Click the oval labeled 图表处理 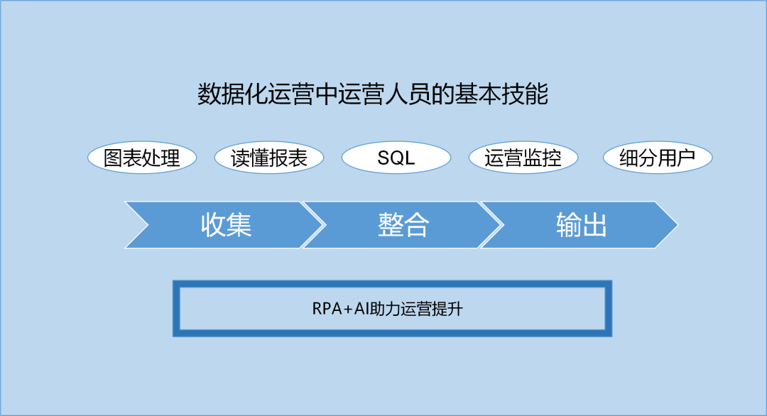pos(142,158)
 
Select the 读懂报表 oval pos(269,158)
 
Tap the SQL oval pos(396,158)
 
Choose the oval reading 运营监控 pos(523,158)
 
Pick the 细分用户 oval pos(657,158)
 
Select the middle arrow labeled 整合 pos(403,225)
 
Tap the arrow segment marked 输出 pos(581,225)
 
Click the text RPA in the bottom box pos(327,310)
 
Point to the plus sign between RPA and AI pos(348,310)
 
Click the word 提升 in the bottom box pos(450,310)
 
